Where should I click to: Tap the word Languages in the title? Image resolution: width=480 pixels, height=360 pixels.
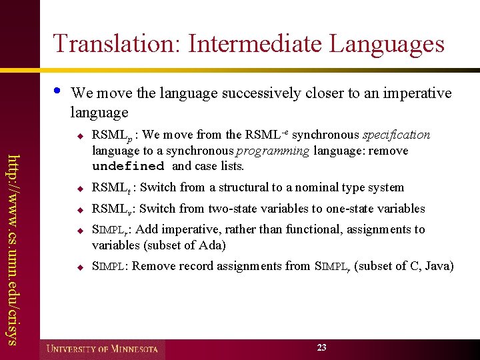387,43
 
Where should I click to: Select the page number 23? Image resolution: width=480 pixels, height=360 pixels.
322,347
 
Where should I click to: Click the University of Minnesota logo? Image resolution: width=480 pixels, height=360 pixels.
103,349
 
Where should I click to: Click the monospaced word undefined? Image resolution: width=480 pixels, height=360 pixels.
128,166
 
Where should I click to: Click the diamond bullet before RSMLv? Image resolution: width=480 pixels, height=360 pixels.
78,209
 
